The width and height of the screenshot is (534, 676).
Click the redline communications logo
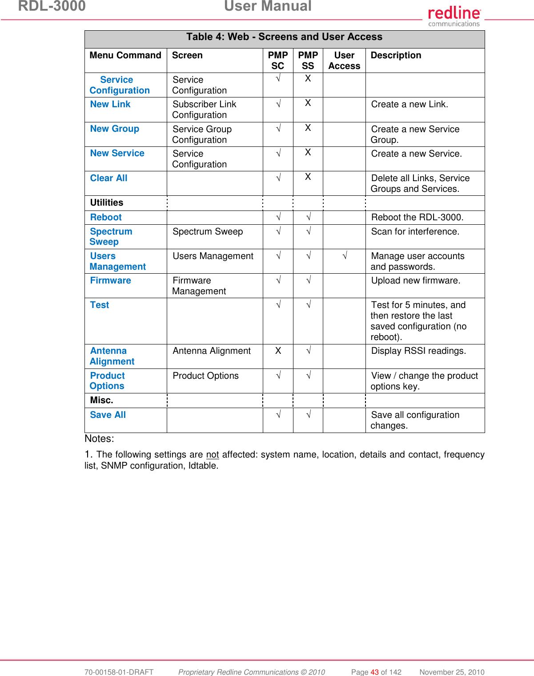454,16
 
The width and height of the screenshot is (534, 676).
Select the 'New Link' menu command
110,104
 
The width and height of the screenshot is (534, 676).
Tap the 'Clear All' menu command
108,178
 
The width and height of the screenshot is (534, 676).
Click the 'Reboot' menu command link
106,217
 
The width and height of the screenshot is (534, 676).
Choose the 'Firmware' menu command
110,280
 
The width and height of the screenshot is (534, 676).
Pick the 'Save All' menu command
108,415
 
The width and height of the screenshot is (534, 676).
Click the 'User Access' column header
344,61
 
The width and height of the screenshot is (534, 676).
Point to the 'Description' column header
396,55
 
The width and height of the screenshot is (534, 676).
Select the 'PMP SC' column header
278,61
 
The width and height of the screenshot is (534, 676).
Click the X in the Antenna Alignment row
278,351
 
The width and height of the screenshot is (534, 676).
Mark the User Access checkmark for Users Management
345,256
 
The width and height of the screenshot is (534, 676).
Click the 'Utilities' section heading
107,202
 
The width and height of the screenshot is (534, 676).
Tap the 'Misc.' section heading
102,400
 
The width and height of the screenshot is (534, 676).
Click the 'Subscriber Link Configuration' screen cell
204,109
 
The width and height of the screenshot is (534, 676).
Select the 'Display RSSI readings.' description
418,351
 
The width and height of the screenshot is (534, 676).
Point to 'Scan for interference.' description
415,231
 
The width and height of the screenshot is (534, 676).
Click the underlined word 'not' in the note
213,454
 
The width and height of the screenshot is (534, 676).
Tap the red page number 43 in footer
374,672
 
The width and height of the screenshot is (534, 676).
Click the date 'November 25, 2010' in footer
452,672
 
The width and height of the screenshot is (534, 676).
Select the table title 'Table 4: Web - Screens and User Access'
284,37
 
